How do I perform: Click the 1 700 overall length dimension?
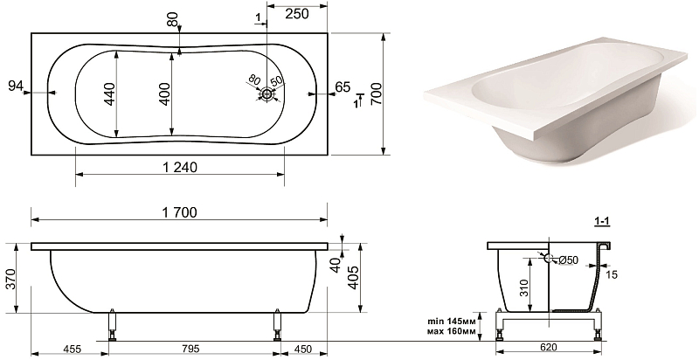[180, 212]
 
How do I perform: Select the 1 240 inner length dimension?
[180, 167]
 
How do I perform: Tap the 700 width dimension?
[377, 93]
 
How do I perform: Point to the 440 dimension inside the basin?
[110, 93]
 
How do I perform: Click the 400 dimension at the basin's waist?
[165, 93]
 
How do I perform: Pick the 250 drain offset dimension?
[296, 14]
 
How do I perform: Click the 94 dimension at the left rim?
[16, 87]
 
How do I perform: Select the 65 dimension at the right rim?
[343, 87]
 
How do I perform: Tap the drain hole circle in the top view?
[267, 94]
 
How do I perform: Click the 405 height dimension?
[354, 278]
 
